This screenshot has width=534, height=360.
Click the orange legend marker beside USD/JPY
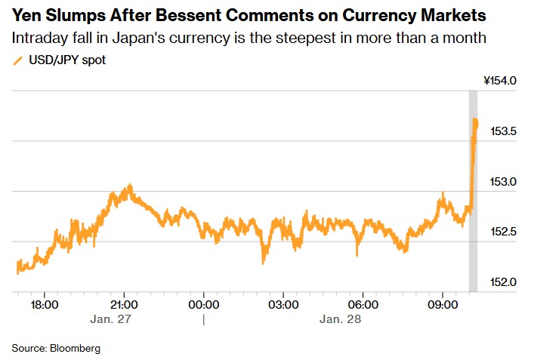coord(17,60)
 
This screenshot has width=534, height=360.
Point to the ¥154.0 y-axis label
coord(499,81)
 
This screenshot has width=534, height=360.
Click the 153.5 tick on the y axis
coord(503,131)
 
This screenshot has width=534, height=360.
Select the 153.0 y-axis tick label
coord(503,182)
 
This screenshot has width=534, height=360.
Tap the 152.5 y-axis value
coord(503,232)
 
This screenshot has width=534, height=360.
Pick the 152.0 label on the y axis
coord(503,282)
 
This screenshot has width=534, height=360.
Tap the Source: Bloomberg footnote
coord(56,348)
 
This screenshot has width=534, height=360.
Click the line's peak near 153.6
coord(475,120)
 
